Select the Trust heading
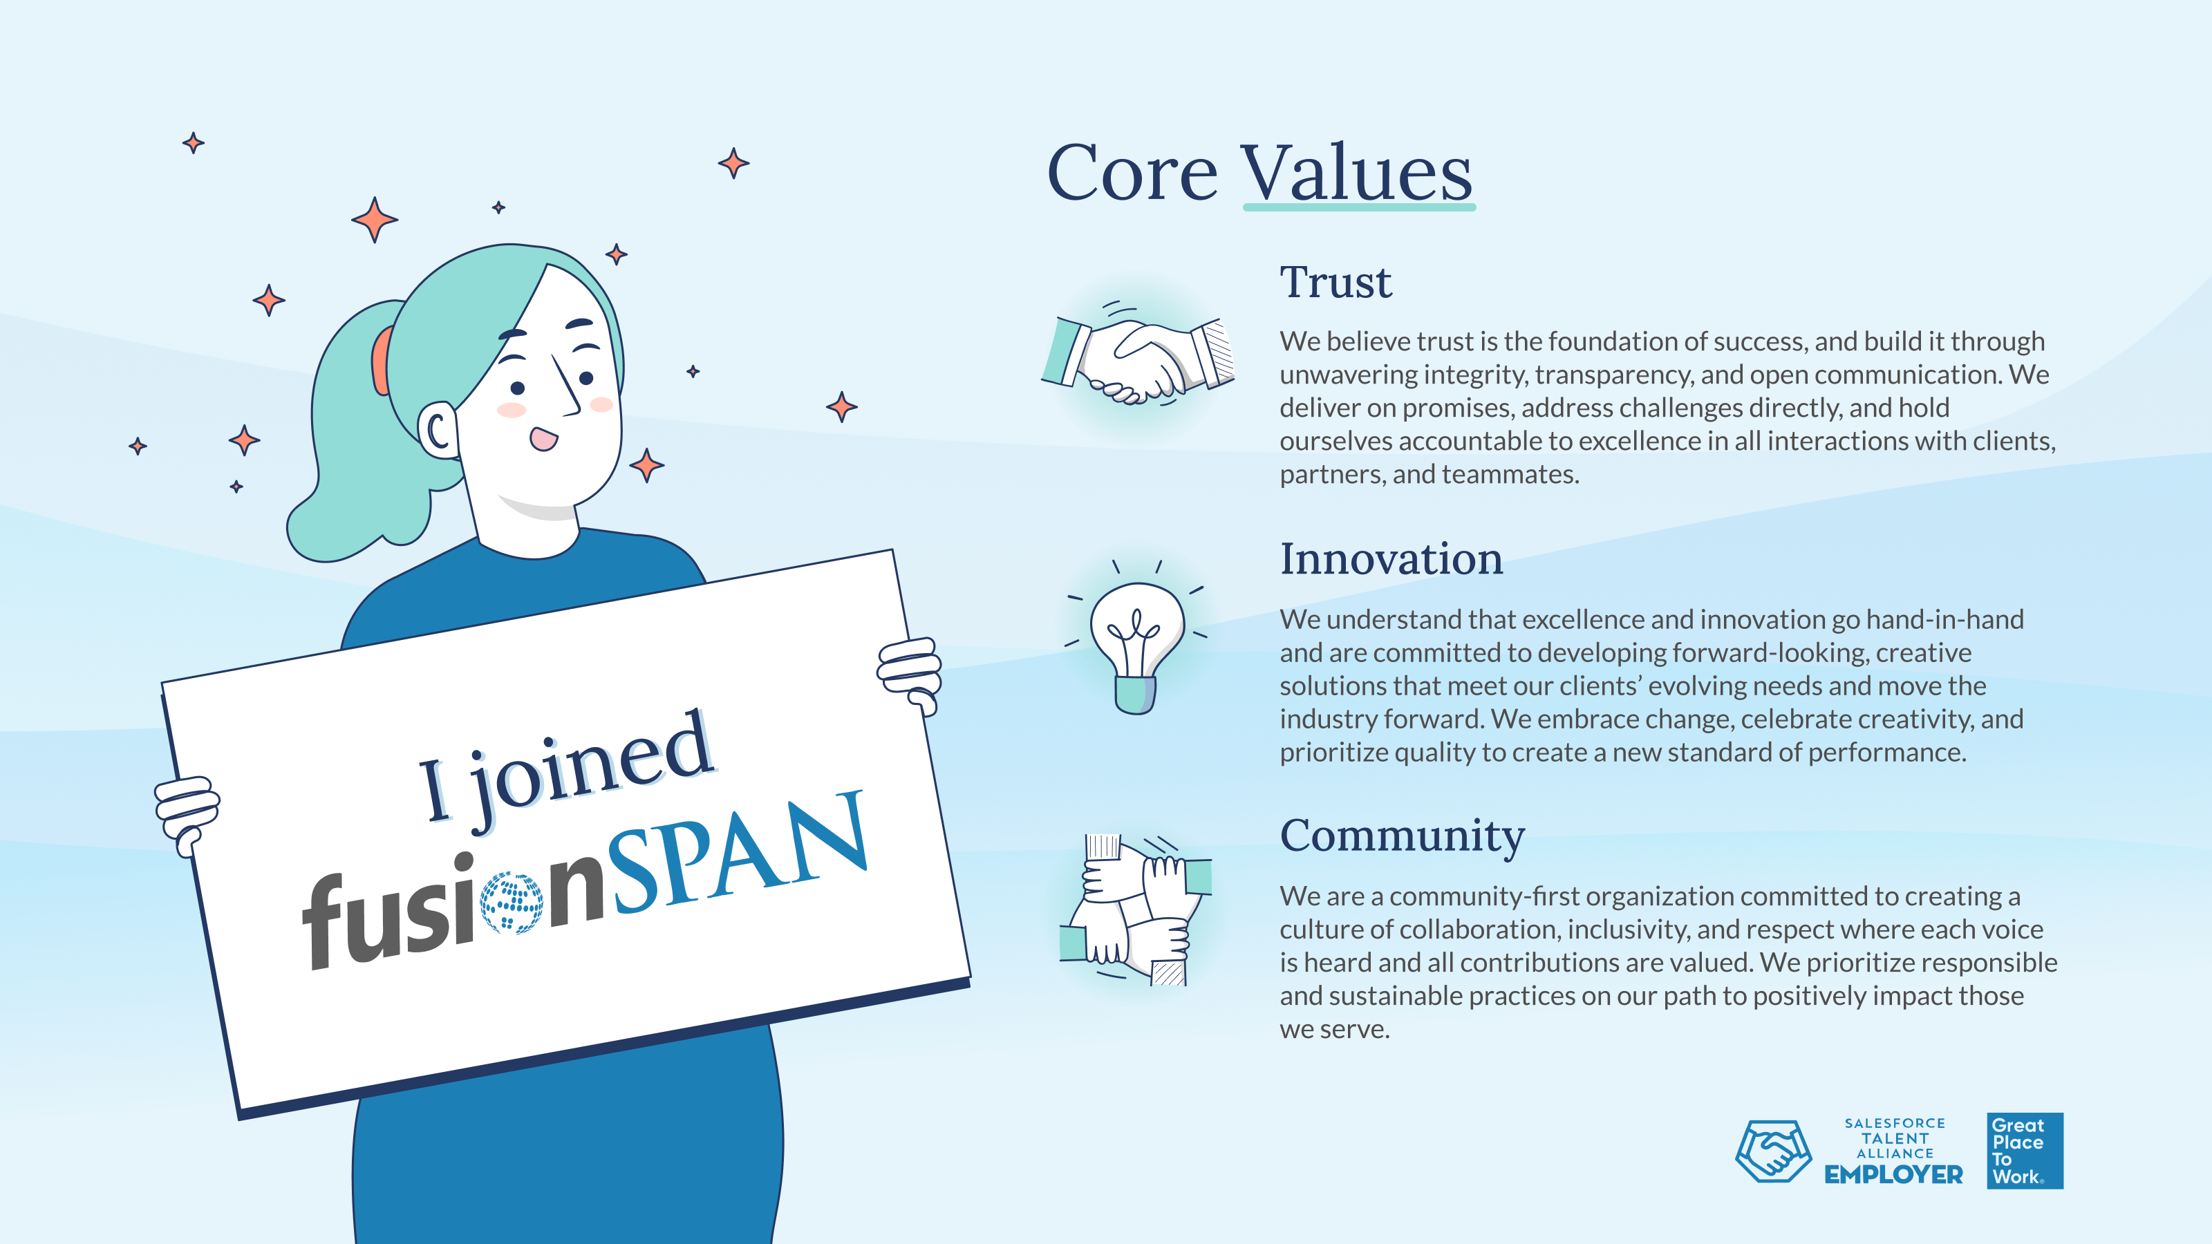click(x=1335, y=283)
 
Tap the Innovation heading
click(x=1391, y=559)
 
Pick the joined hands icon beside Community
click(x=1135, y=910)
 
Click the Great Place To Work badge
click(x=2025, y=1151)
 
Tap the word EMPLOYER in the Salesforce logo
click(x=1893, y=1174)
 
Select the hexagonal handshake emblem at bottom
click(x=1773, y=1151)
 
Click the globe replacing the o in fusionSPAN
click(x=511, y=903)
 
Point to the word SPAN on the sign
click(x=738, y=851)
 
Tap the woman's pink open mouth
click(x=543, y=438)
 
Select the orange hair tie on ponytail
click(x=380, y=361)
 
